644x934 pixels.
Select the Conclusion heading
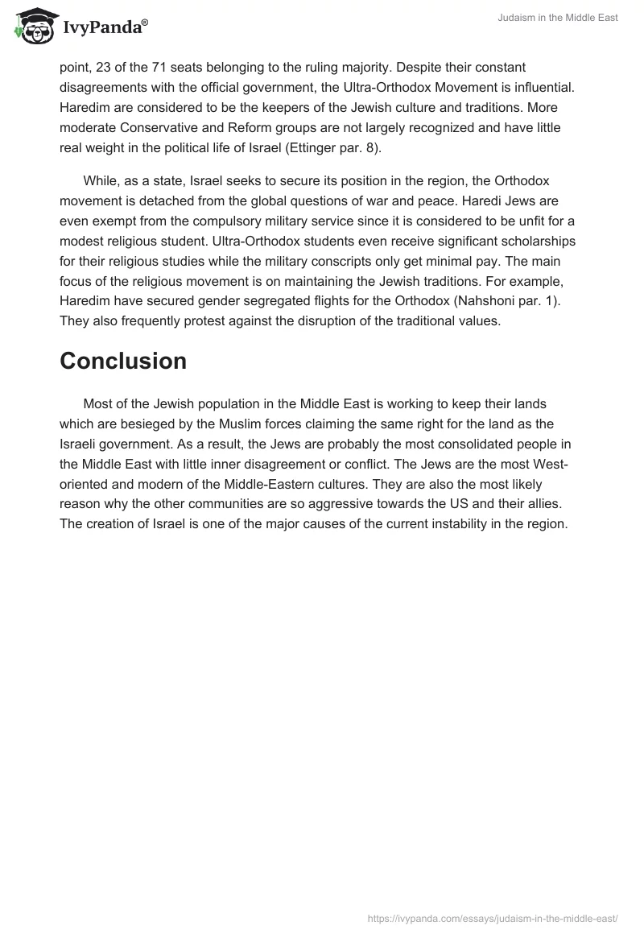pyautogui.click(x=123, y=362)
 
